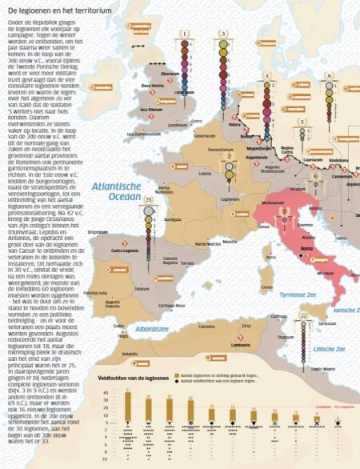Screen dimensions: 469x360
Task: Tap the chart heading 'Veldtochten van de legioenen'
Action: (x=131, y=375)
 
